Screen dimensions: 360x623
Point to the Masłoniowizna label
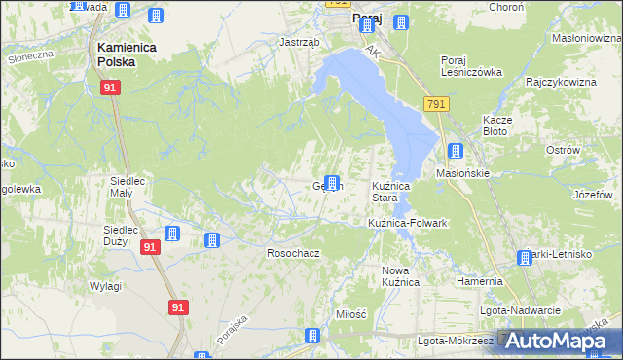tap(586, 38)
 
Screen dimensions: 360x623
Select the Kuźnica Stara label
tap(395, 191)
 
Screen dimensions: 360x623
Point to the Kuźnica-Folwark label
tap(407, 223)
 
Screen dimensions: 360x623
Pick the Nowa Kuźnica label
tap(400, 275)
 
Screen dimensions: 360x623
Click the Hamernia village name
tap(479, 281)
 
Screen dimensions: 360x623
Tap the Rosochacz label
tap(293, 253)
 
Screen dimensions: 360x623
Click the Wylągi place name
tap(105, 286)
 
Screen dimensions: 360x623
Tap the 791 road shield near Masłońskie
tap(435, 104)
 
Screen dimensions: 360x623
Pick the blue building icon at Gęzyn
tap(333, 183)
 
